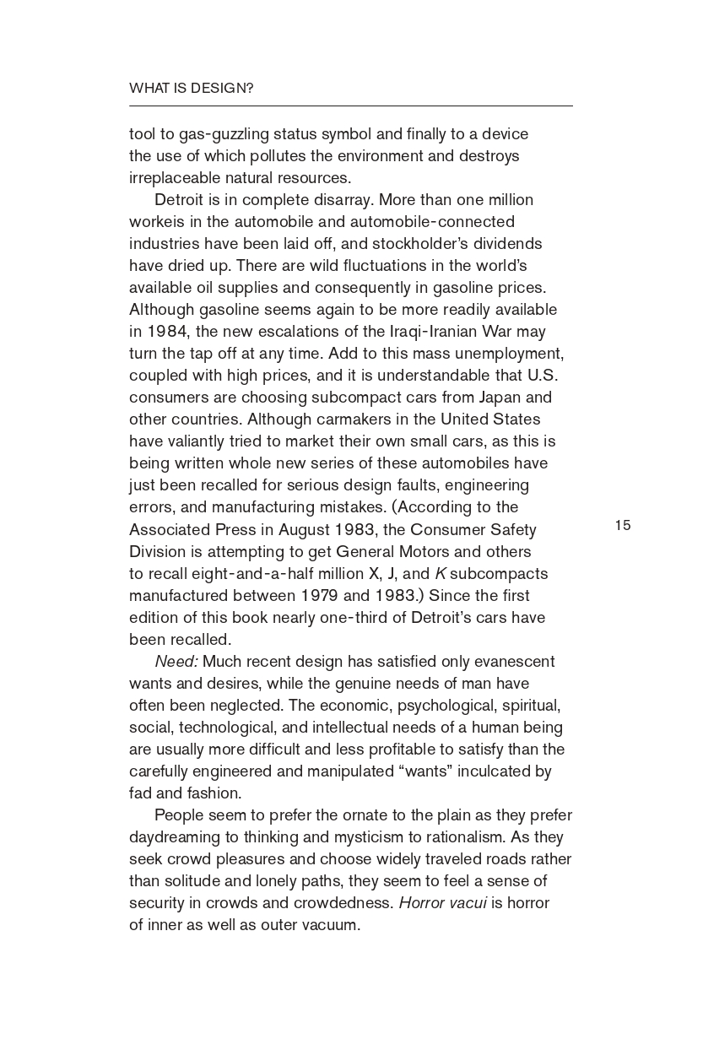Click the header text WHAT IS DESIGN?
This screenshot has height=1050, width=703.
[x=191, y=88]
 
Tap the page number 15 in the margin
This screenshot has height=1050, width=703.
[x=622, y=525]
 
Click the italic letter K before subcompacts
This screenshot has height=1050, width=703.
[x=440, y=573]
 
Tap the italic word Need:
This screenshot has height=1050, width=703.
[x=176, y=661]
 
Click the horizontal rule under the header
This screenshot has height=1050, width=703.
[x=350, y=106]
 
